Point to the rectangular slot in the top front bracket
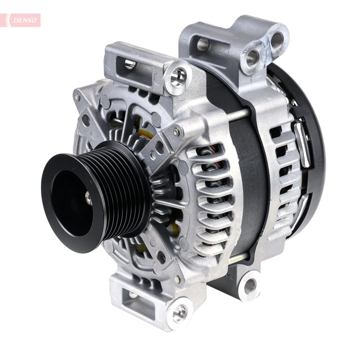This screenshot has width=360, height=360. (130, 64)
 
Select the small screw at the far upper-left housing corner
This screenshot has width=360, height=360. (78, 97)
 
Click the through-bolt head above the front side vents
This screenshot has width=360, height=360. (177, 131)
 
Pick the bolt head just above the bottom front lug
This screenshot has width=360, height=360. (178, 279)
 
